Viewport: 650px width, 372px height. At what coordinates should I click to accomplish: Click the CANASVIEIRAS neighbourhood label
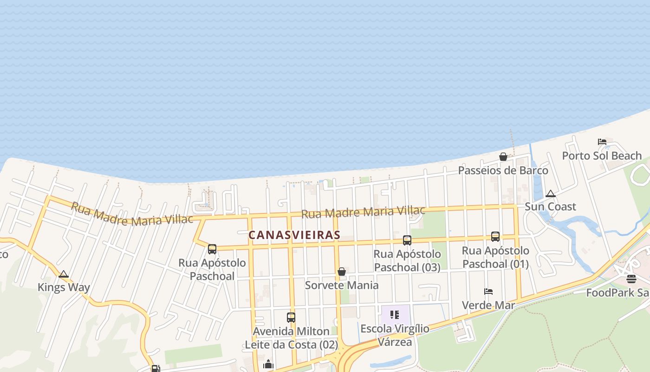(294, 235)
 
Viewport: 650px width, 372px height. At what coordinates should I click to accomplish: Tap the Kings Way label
(64, 287)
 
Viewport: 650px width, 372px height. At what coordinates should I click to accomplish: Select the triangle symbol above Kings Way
(64, 274)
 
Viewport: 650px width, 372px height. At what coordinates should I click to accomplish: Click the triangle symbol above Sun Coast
(551, 193)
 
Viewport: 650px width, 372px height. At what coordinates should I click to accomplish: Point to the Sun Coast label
(551, 206)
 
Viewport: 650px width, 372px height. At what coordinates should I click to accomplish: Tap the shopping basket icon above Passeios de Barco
(503, 157)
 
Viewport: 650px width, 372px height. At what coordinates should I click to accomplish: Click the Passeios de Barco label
(503, 170)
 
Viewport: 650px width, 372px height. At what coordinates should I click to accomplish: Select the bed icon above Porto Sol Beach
(602, 142)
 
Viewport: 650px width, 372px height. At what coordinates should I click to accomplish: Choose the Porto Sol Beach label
(602, 155)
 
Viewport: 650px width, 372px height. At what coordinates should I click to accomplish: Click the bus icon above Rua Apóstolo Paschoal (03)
(407, 240)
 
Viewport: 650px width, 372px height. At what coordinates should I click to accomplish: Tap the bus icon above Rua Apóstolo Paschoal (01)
(495, 237)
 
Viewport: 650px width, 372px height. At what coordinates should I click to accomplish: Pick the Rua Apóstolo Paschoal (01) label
(495, 257)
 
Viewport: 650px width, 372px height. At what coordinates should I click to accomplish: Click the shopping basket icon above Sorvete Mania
(342, 272)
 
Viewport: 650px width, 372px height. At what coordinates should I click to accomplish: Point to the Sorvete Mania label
(342, 285)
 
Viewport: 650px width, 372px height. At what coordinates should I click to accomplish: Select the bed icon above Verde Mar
(488, 292)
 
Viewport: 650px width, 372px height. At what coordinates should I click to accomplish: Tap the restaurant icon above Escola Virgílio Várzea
(395, 315)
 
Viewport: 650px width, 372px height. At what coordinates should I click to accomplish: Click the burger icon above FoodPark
(631, 279)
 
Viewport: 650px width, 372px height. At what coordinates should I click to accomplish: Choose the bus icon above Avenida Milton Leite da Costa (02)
(291, 318)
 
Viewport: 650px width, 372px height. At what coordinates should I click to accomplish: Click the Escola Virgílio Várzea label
(395, 335)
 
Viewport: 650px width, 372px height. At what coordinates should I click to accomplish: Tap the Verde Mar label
(488, 305)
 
